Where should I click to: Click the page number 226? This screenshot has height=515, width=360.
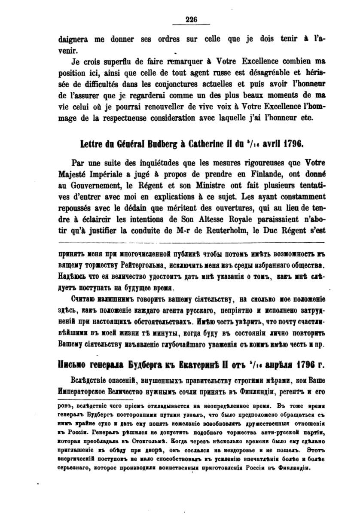(191, 18)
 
